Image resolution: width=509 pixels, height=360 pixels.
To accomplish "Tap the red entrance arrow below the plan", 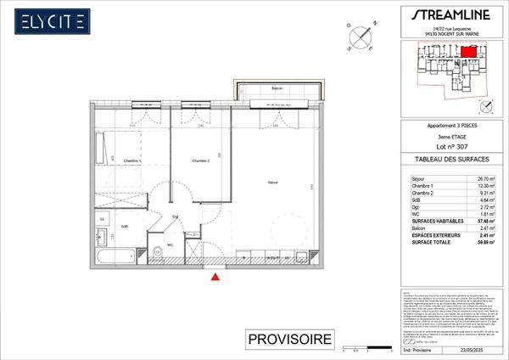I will (x=216, y=275).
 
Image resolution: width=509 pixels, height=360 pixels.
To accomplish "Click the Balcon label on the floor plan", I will (x=277, y=88).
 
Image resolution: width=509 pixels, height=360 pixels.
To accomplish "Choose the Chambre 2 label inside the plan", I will (x=200, y=160).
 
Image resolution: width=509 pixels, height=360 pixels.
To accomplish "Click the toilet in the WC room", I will (x=159, y=251).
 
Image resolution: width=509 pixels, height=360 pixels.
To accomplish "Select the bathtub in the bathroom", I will (x=114, y=255).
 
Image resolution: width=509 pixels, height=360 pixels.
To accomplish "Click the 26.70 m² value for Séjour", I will (x=486, y=179).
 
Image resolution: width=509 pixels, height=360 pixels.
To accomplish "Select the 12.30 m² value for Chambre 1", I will (x=486, y=187).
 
